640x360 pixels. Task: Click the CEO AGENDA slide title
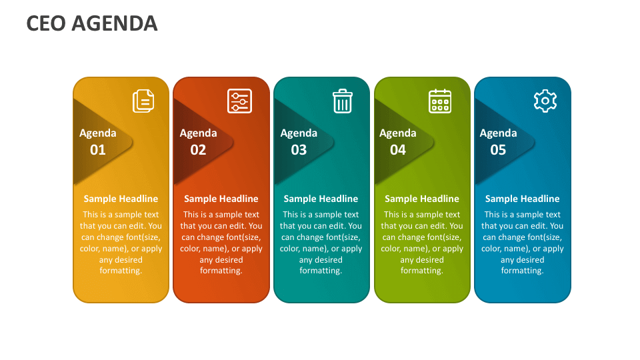[x=92, y=23]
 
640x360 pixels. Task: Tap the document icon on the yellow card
[x=143, y=101]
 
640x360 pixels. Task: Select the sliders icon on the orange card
[x=239, y=101]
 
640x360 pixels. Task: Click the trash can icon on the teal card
[x=342, y=101]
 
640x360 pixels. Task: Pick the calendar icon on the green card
[x=440, y=101]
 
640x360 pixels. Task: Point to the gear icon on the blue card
[x=545, y=101]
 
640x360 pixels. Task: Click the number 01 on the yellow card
[x=98, y=150]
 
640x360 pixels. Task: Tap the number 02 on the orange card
[x=198, y=150]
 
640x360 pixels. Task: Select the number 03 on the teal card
[x=299, y=150]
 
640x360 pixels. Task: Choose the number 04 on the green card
[x=398, y=150]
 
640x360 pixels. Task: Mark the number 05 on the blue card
[x=498, y=150]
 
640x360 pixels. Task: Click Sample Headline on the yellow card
[x=121, y=199]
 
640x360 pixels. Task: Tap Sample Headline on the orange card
[x=221, y=199]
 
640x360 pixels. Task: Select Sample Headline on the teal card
[x=321, y=199]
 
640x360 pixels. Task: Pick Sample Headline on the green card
[x=421, y=199]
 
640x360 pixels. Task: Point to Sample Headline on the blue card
[x=522, y=199]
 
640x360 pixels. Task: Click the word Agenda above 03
[x=299, y=133]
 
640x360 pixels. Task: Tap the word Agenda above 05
[x=498, y=133]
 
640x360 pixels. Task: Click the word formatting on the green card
[x=421, y=271]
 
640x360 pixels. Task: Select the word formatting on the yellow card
[x=121, y=271]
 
